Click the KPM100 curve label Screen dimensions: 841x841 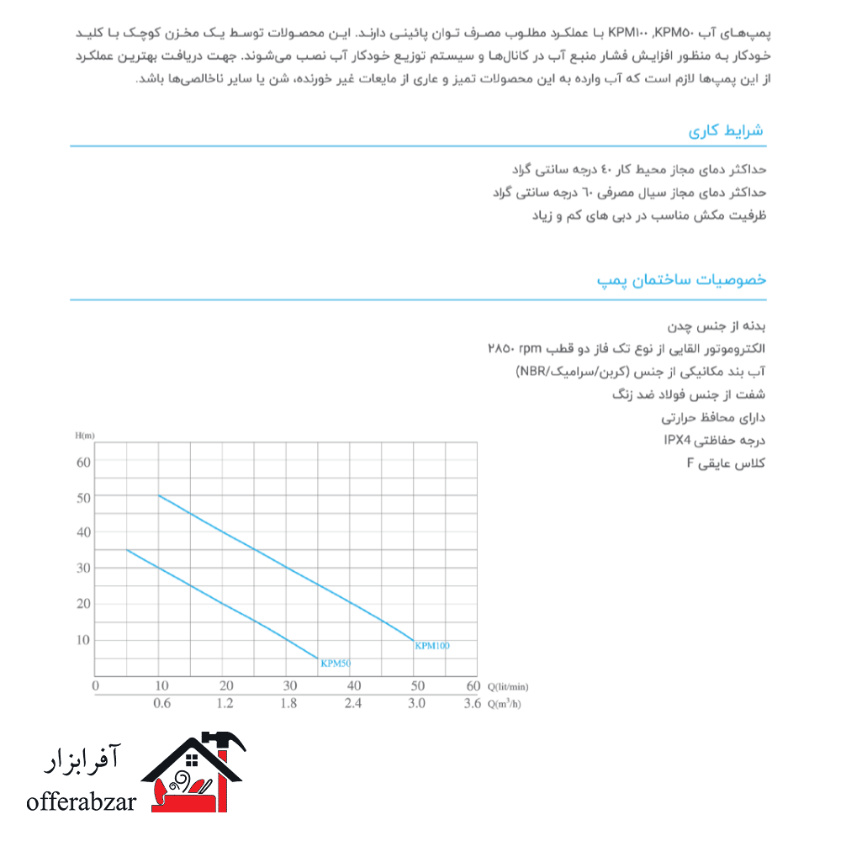point(432,646)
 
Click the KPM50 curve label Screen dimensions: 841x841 point(336,664)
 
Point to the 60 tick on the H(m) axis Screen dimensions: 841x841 point(82,461)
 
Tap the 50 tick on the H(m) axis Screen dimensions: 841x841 point(82,497)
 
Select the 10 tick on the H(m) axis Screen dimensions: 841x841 point(82,640)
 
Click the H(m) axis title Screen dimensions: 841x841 point(85,435)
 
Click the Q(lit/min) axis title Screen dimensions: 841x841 point(509,686)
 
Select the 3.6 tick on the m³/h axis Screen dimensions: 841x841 point(473,704)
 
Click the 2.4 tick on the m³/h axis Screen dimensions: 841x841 point(353,704)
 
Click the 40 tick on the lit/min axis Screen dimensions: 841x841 point(353,686)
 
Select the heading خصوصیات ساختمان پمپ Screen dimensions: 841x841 point(681,280)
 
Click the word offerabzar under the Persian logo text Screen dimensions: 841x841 point(82,802)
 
